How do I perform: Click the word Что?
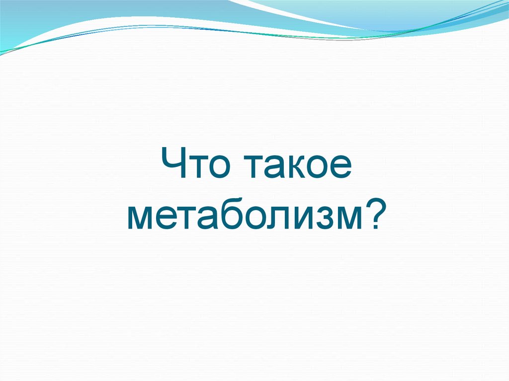[x=193, y=167]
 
